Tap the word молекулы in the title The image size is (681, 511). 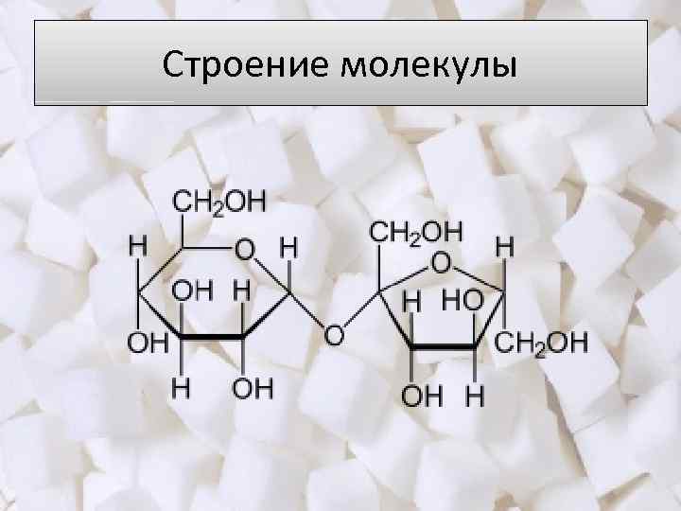430,66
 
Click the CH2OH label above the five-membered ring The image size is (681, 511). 415,230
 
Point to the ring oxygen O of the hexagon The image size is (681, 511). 245,250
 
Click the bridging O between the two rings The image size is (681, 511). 333,335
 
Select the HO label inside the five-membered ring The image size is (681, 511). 461,301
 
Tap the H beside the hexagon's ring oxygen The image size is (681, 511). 288,248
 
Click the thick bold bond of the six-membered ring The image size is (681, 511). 213,337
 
